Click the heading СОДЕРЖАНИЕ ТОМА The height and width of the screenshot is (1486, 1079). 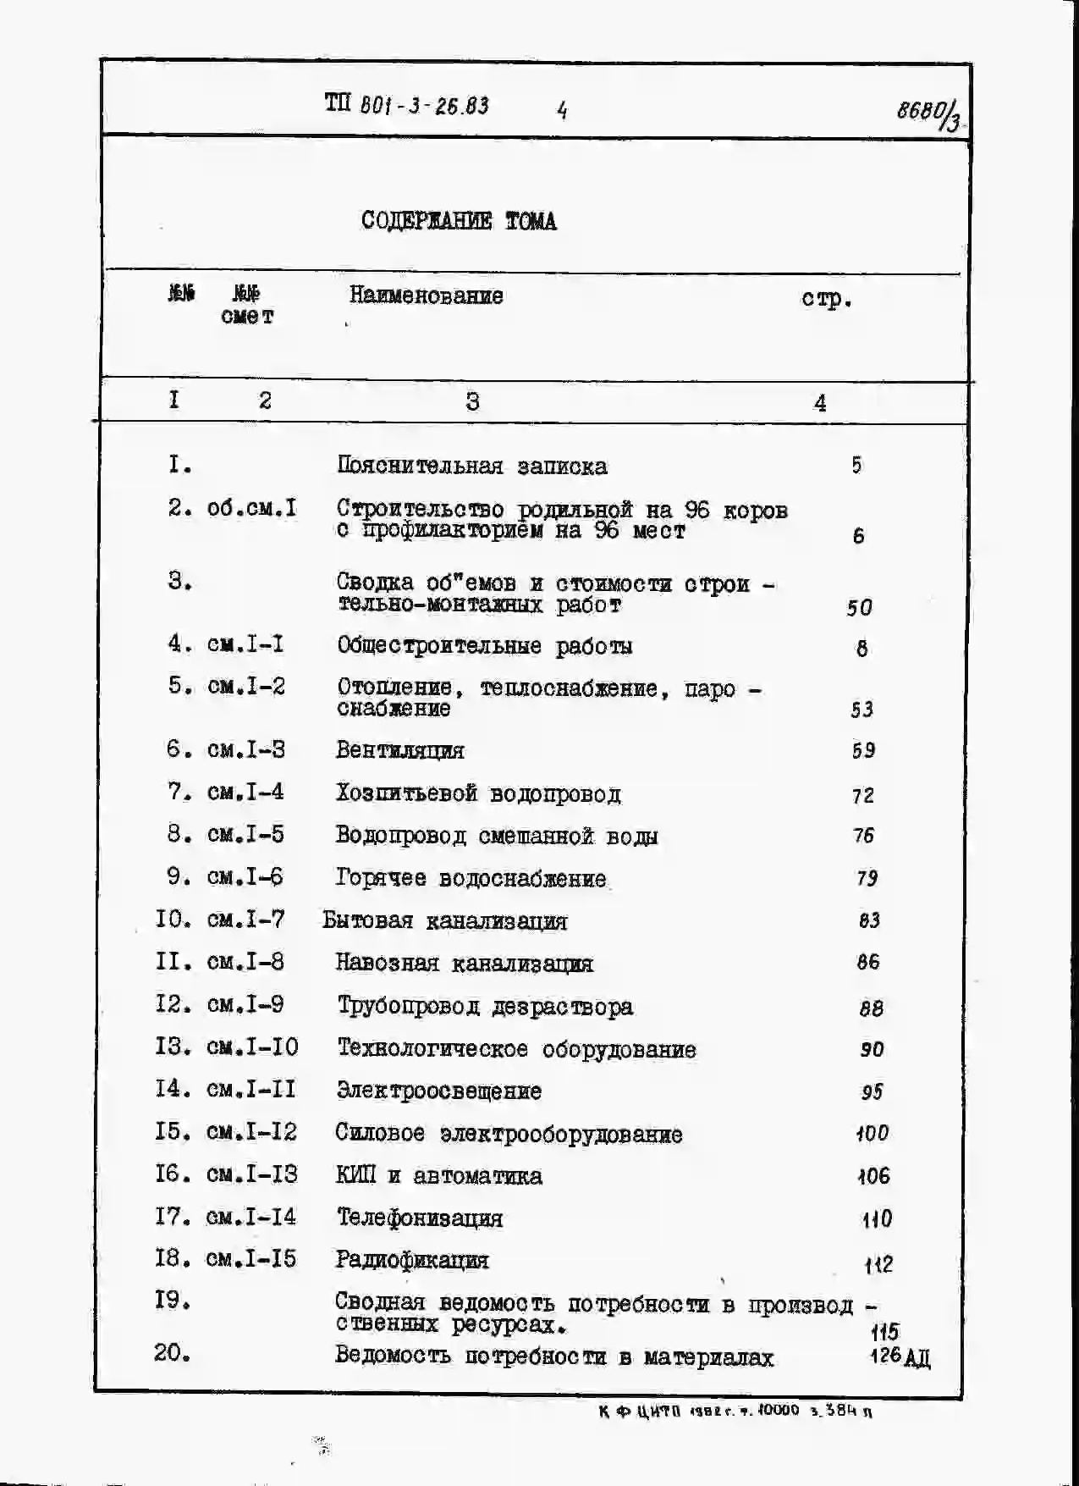(459, 221)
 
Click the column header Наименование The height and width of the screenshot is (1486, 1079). (426, 296)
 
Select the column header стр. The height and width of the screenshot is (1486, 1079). (826, 299)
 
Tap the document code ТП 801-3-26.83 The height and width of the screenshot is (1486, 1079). (406, 106)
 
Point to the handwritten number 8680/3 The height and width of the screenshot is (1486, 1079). (928, 113)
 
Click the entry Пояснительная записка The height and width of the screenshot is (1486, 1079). (471, 466)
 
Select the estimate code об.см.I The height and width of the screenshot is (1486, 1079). (251, 508)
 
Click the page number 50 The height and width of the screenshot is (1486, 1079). (859, 607)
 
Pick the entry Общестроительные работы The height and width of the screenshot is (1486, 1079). (484, 646)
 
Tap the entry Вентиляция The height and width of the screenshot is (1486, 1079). (399, 750)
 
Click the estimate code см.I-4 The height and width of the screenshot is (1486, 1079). (245, 793)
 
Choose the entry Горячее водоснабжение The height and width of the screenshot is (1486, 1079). (471, 878)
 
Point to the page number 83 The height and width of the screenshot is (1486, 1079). (868, 920)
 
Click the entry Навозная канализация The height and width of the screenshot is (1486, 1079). (464, 963)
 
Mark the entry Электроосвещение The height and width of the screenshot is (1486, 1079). (438, 1091)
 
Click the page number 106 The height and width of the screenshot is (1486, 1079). (873, 1175)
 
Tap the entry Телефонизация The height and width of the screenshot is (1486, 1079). (420, 1218)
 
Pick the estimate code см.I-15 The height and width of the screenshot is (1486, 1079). (251, 1259)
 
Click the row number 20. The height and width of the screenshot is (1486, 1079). (172, 1353)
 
